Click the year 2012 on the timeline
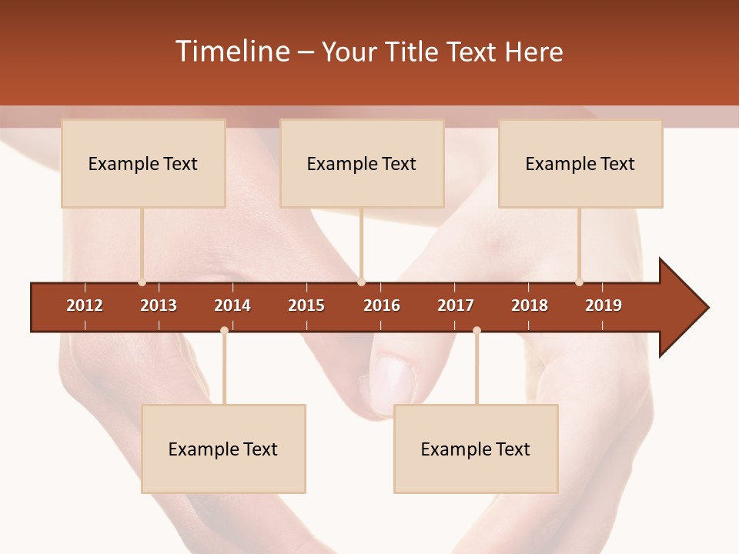pos(85,305)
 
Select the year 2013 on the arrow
pos(159,305)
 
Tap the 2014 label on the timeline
pos(232,305)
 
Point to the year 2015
pos(306,305)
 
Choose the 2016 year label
pos(382,305)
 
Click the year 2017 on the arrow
pos(456,305)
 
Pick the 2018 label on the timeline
pos(530,305)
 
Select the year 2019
pos(604,305)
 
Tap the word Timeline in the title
pos(232,52)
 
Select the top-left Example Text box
pos(143,163)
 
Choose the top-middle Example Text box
pos(362,163)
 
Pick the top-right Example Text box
pos(580,163)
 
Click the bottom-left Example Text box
pos(223,449)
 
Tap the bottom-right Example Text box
pos(476,449)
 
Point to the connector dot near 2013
pos(142,282)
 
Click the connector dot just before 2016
pos(362,282)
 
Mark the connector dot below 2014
pos(224,330)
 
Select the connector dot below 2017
pos(477,330)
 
